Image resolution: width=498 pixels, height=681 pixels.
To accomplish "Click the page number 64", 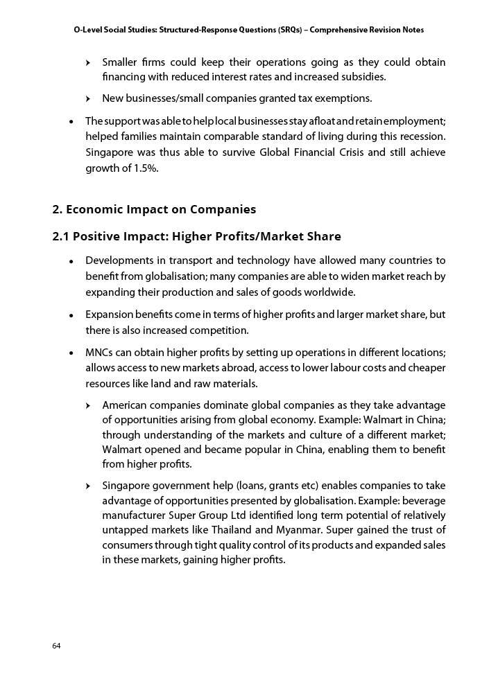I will point(56,646).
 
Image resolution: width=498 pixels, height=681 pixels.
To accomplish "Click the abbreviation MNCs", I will point(100,353).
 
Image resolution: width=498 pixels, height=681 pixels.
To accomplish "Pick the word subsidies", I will point(361,76).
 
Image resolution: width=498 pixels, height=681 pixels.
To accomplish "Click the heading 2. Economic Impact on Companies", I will point(154,209).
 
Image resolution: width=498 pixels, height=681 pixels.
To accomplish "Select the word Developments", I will point(117,260).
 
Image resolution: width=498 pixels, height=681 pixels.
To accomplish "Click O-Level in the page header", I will point(89,30).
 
